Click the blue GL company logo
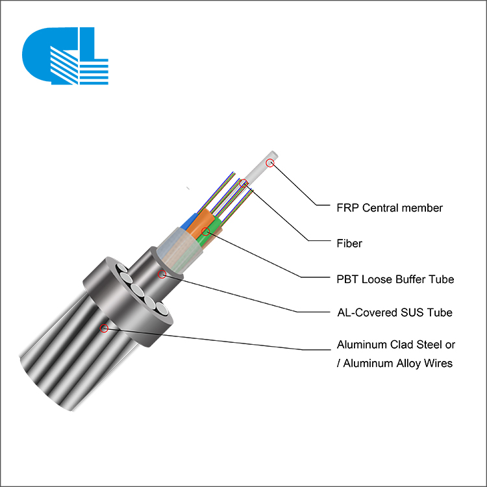pyautogui.click(x=65, y=56)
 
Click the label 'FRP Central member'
pyautogui.click(x=390, y=208)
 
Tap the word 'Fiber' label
pyautogui.click(x=349, y=243)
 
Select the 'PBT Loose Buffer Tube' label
pyautogui.click(x=395, y=279)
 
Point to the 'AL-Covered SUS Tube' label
pyautogui.click(x=395, y=312)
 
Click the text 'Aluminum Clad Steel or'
pyautogui.click(x=396, y=344)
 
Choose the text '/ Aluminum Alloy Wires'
pyautogui.click(x=395, y=363)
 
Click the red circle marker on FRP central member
pyautogui.click(x=270, y=163)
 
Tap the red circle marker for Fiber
pyautogui.click(x=243, y=183)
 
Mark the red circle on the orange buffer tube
pyautogui.click(x=205, y=231)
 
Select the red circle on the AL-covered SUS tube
pyautogui.click(x=162, y=274)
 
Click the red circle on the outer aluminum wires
pyautogui.click(x=104, y=328)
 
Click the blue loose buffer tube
pyautogui.click(x=189, y=222)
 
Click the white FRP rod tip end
pyautogui.click(x=274, y=154)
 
